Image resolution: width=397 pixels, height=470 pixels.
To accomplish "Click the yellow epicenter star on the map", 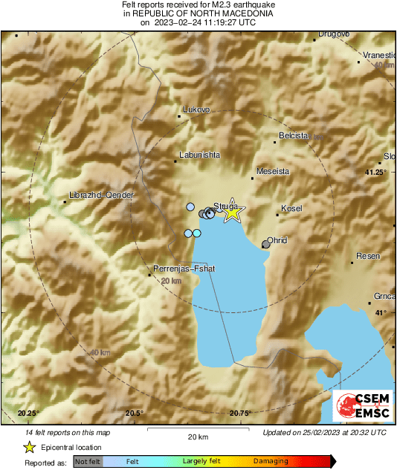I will (x=233, y=212).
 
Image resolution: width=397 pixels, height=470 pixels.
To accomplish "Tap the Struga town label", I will (x=225, y=205).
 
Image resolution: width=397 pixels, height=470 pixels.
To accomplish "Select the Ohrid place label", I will (x=277, y=240).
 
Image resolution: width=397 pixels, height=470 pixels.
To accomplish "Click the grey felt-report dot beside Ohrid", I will (x=266, y=243).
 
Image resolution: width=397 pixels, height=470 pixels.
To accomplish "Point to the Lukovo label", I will (x=197, y=110).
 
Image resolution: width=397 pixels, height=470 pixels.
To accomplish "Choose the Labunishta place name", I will (x=199, y=155).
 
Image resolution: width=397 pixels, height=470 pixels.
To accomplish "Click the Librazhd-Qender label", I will (x=101, y=195).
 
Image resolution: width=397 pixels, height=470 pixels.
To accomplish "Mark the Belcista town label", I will (x=294, y=135).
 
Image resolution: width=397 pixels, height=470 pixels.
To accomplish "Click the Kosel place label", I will (x=292, y=209).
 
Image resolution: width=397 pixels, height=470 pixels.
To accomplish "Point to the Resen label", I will (x=369, y=256).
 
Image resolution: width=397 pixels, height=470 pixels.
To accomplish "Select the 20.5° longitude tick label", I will (x=134, y=413).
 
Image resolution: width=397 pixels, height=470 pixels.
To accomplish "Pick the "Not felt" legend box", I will (x=88, y=461).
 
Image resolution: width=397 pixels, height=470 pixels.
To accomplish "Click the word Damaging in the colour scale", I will (x=270, y=461).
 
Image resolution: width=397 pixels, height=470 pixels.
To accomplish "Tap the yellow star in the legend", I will (x=29, y=447).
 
